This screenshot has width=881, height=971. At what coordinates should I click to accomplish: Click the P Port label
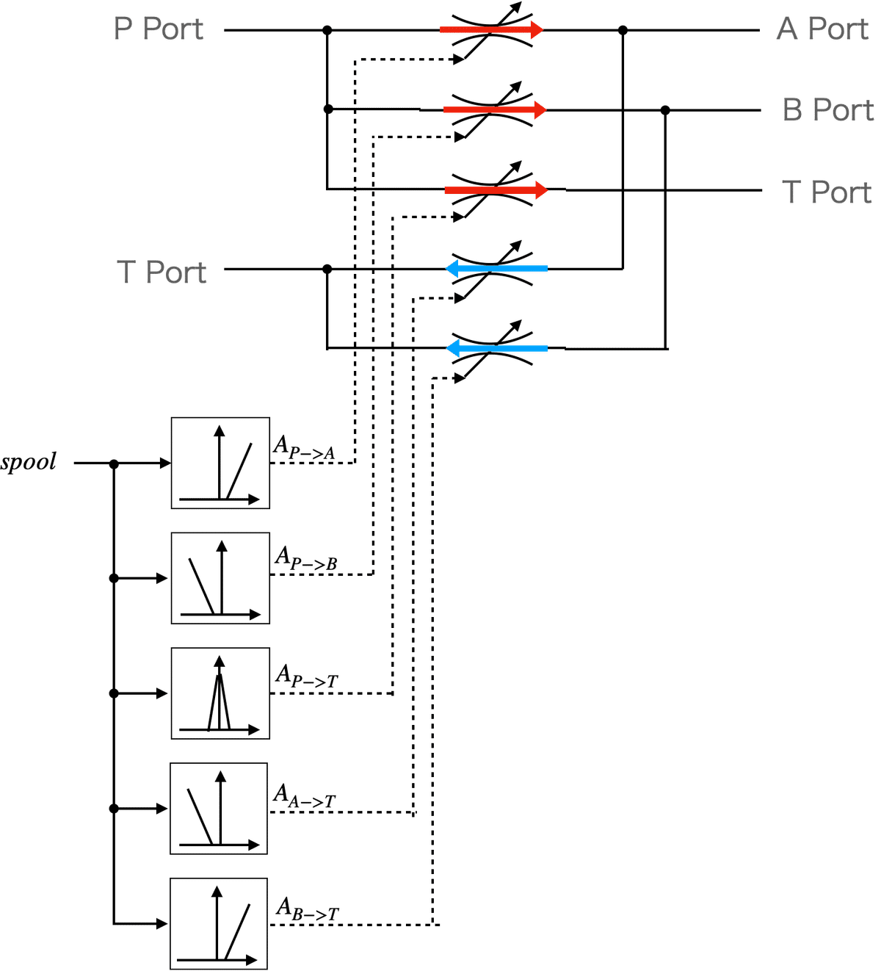click(x=159, y=29)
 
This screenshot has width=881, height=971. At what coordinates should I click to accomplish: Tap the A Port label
click(x=822, y=29)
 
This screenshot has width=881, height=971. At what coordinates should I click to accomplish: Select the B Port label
click(x=827, y=110)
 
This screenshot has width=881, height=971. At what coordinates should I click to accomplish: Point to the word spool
click(x=28, y=462)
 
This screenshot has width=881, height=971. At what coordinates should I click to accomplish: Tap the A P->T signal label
click(x=307, y=676)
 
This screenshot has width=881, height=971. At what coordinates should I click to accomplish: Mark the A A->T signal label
click(x=305, y=795)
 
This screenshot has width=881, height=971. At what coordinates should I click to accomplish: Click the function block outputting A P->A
click(x=220, y=463)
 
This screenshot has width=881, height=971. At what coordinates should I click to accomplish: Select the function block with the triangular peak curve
click(x=220, y=693)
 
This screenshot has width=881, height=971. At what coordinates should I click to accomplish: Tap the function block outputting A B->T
click(x=219, y=924)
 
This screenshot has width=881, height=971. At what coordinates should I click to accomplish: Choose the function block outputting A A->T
click(x=219, y=809)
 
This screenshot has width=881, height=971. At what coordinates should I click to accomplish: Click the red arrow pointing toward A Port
click(x=492, y=30)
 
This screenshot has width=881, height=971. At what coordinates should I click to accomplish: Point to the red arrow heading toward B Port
click(x=496, y=110)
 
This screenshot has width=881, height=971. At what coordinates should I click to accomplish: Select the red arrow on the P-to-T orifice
click(x=496, y=190)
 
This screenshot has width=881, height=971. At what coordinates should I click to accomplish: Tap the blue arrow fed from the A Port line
click(x=496, y=269)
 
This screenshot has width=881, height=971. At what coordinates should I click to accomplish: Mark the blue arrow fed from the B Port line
click(x=496, y=348)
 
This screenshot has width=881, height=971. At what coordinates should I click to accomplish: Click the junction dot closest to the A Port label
click(x=623, y=31)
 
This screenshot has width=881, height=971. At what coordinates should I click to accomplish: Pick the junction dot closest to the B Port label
click(x=666, y=110)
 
